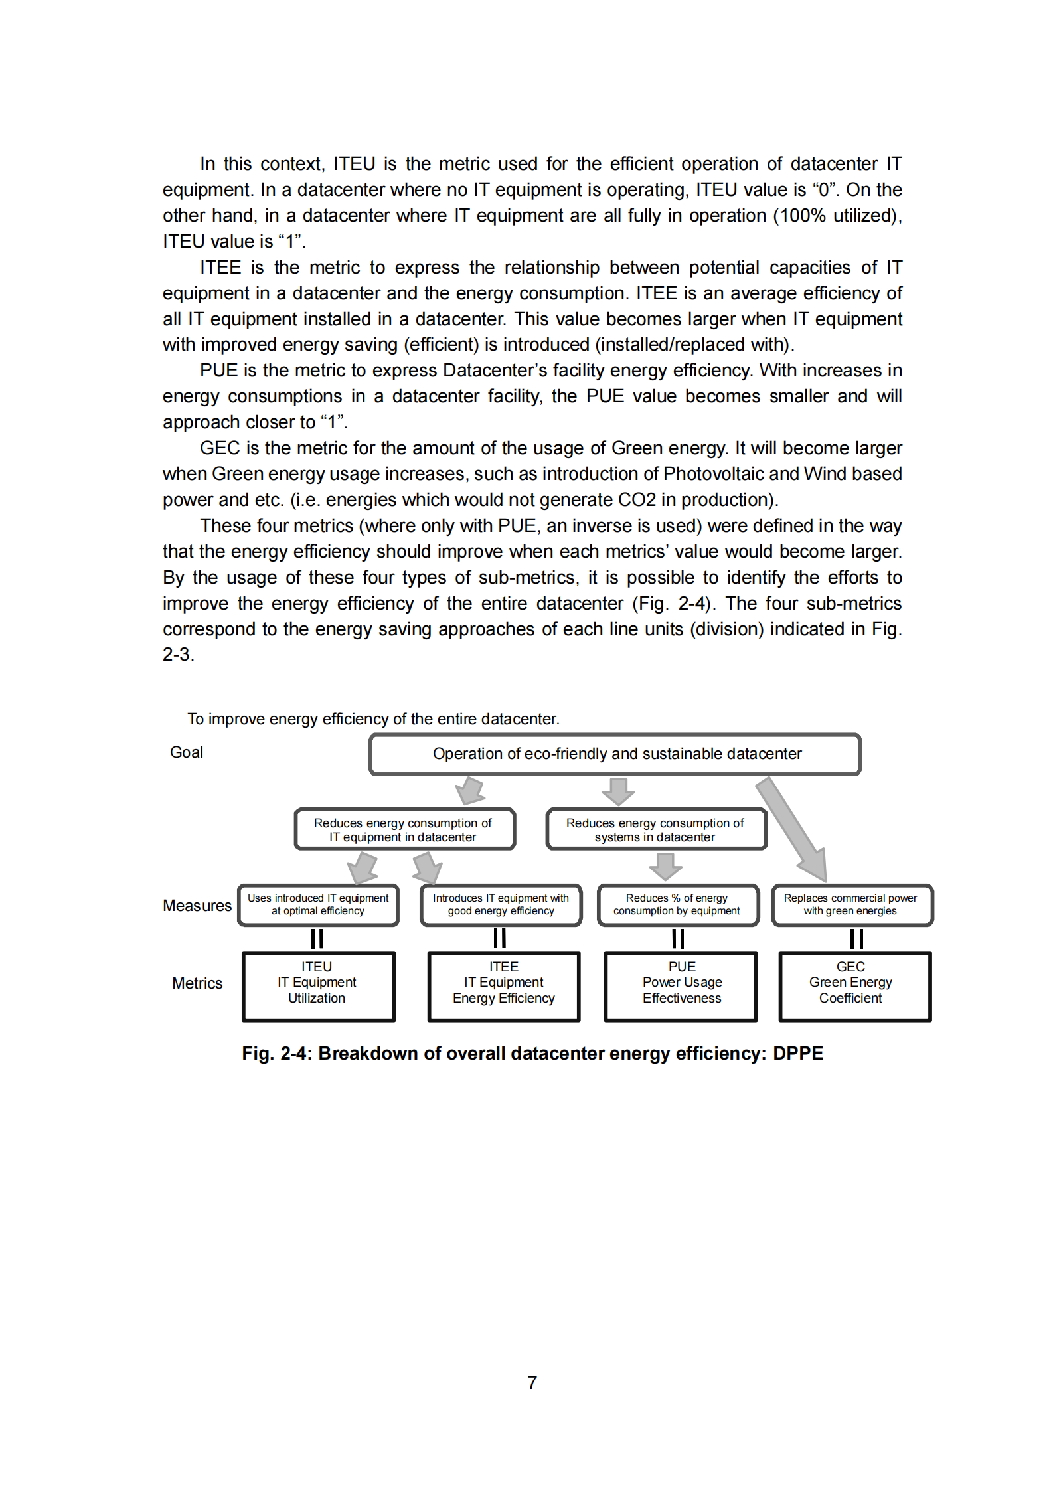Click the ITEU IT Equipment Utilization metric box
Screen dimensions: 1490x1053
pyautogui.click(x=319, y=985)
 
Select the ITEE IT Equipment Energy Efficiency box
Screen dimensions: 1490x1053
pyautogui.click(x=504, y=985)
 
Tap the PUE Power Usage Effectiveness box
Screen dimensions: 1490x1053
pyautogui.click(x=681, y=985)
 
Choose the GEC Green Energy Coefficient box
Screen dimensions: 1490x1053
pyautogui.click(x=854, y=985)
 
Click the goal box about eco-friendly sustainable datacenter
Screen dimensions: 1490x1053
pyautogui.click(x=615, y=754)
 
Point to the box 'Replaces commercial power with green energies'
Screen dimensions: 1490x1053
pyautogui.click(x=852, y=904)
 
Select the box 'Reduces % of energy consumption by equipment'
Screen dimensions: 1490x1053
pyautogui.click(x=677, y=904)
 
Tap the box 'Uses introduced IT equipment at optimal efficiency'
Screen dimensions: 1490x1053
pyautogui.click(x=318, y=904)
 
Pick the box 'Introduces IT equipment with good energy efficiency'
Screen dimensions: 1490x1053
pyautogui.click(x=501, y=904)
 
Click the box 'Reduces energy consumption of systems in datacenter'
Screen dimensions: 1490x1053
pyautogui.click(x=656, y=829)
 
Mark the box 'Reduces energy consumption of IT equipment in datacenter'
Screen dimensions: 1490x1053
pyautogui.click(x=404, y=829)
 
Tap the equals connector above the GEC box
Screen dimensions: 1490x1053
pyautogui.click(x=856, y=938)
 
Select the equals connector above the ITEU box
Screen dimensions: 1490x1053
pyautogui.click(x=317, y=938)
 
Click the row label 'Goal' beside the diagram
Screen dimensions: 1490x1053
pyautogui.click(x=187, y=752)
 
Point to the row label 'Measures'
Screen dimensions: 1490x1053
pyautogui.click(x=197, y=906)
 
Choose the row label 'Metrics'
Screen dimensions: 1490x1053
pyautogui.click(x=197, y=983)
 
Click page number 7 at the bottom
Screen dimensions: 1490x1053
pyautogui.click(x=532, y=1382)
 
